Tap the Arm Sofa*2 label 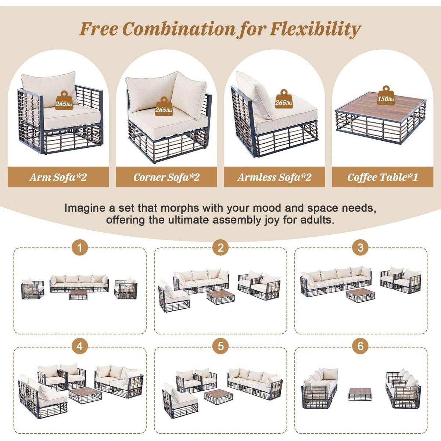pyautogui.click(x=58, y=177)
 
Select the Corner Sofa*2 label pyautogui.click(x=166, y=177)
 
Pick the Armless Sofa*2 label pyautogui.click(x=274, y=177)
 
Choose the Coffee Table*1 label pyautogui.click(x=383, y=177)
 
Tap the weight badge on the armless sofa pyautogui.click(x=284, y=99)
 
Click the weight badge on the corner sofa pyautogui.click(x=164, y=106)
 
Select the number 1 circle pyautogui.click(x=80, y=248)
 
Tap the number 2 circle pyautogui.click(x=220, y=248)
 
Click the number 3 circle pyautogui.click(x=361, y=248)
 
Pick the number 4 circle pyautogui.click(x=80, y=346)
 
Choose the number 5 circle pyautogui.click(x=220, y=346)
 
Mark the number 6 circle pyautogui.click(x=361, y=346)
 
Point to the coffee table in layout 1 pyautogui.click(x=78, y=294)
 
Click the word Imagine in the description pyautogui.click(x=85, y=208)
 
